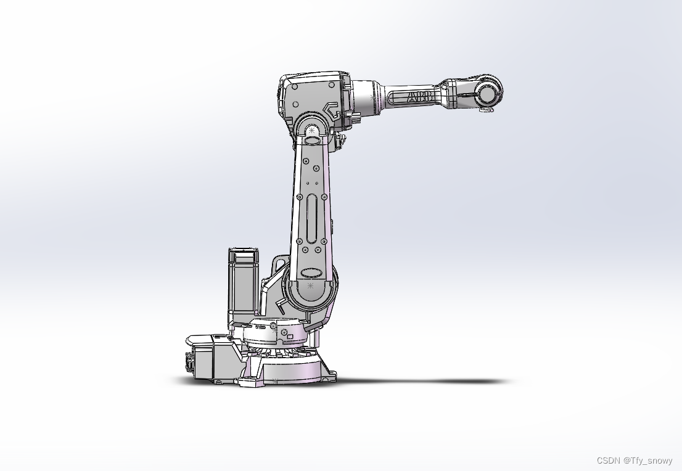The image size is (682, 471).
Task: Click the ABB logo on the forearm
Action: tap(419, 97)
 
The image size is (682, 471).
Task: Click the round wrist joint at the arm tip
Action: tap(487, 94)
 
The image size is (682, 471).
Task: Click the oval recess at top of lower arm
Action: tap(313, 141)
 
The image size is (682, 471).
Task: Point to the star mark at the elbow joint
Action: tap(312, 130)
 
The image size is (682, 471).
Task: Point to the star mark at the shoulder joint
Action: tap(310, 286)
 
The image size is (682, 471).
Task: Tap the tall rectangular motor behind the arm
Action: tap(244, 284)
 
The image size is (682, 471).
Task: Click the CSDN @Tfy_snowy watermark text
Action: tap(635, 461)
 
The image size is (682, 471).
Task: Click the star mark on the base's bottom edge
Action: tap(276, 380)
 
